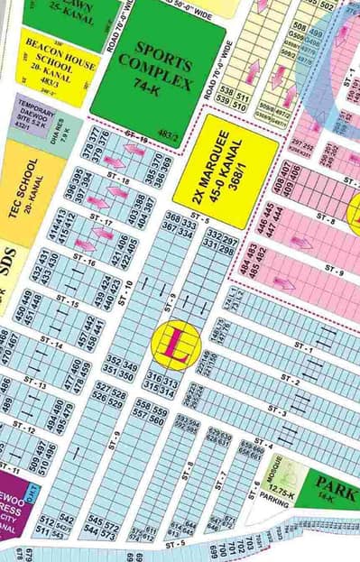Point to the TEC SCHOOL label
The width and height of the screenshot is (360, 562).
click(29, 190)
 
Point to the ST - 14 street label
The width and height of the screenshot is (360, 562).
click(51, 345)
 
